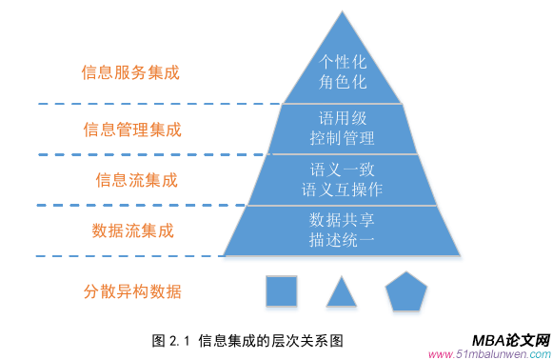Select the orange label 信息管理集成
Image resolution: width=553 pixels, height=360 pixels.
[132, 129]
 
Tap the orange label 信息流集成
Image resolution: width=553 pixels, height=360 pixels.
[137, 179]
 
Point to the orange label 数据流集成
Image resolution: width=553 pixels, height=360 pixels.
[132, 230]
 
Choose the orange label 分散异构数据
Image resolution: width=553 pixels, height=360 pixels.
[132, 291]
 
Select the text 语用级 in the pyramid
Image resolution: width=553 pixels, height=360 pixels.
[342, 117]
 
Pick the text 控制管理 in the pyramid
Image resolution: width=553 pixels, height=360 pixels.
[342, 138]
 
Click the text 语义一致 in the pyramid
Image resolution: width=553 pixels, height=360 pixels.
[342, 170]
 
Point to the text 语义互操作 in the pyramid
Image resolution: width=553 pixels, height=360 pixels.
[342, 190]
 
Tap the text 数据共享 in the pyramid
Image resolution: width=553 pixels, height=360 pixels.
[342, 220]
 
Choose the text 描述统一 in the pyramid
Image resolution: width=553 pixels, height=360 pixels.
[342, 240]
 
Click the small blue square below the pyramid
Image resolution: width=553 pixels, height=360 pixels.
[281, 291]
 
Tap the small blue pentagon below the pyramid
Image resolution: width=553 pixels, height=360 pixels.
[405, 291]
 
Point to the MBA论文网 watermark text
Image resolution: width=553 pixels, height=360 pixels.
[510, 340]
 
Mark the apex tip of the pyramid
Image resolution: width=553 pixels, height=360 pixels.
[342, 11]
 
